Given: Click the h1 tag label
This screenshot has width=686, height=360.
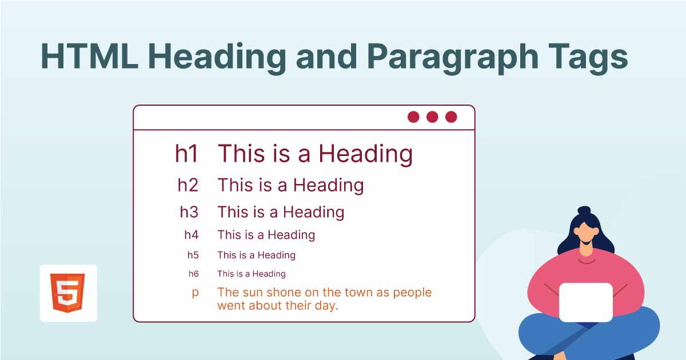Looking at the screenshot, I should tap(186, 154).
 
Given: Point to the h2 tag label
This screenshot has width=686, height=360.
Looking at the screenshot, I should tap(188, 185).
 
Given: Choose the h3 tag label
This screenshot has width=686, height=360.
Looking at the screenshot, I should tap(189, 212).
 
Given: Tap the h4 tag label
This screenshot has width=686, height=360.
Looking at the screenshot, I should tap(191, 235).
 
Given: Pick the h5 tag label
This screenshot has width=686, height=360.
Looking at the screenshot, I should tap(193, 255).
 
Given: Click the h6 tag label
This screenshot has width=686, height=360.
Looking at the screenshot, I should tap(193, 274).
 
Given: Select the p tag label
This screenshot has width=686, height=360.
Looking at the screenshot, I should tap(196, 293).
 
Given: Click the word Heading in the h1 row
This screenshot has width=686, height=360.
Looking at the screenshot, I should tap(365, 154).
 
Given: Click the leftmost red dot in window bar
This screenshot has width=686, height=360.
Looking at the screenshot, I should tap(413, 117).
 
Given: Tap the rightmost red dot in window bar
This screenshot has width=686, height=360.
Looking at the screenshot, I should tap(451, 117).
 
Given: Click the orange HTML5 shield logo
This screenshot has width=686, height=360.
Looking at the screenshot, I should tap(68, 293).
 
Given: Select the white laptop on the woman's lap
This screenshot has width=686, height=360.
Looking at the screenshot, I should tap(585, 302).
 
